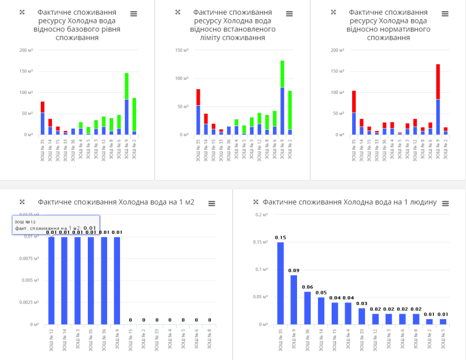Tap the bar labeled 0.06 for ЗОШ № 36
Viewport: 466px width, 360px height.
pyautogui.click(x=308, y=307)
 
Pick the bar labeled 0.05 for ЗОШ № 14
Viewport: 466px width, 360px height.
pyautogui.click(x=321, y=311)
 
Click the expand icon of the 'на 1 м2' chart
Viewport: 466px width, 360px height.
pyautogui.click(x=22, y=202)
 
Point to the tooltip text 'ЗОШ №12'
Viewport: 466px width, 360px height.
pyautogui.click(x=25, y=221)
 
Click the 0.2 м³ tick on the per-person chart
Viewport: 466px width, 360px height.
pyautogui.click(x=261, y=214)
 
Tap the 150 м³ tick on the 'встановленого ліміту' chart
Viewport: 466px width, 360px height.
pyautogui.click(x=181, y=50)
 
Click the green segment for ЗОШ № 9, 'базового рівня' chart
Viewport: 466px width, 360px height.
pyautogui.click(x=126, y=86)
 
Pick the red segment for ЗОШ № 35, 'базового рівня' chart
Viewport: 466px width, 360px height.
pyautogui.click(x=43, y=107)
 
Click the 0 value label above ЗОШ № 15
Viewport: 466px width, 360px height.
pyautogui.click(x=131, y=320)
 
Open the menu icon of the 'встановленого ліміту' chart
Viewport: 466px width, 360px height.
pyautogui.click(x=289, y=14)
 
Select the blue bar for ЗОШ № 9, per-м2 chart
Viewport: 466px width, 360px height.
pyautogui.click(x=117, y=280)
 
